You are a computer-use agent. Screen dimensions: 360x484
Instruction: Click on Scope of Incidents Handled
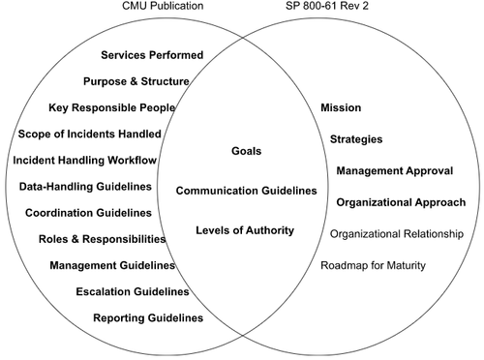(x=90, y=133)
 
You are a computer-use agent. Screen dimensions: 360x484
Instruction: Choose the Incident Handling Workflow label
(x=85, y=159)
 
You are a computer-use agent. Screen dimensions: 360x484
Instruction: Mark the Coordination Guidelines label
(x=89, y=212)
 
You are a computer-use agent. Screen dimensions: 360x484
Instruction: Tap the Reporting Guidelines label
(x=148, y=316)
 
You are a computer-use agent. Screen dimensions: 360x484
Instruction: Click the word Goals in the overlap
(x=247, y=151)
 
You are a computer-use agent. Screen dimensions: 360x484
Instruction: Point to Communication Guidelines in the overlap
(x=247, y=191)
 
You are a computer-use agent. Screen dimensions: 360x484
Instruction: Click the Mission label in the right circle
(x=341, y=106)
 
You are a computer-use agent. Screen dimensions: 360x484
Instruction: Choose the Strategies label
(x=356, y=139)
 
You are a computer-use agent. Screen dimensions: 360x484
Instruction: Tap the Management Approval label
(x=395, y=170)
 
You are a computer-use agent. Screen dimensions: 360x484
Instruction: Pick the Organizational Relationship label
(x=397, y=233)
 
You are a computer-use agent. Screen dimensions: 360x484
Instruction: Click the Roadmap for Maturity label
(x=374, y=265)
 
